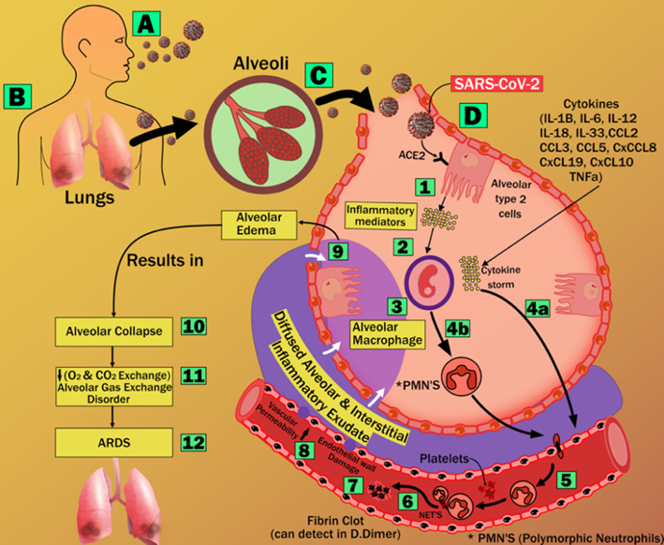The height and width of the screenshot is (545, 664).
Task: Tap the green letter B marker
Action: click(x=20, y=95)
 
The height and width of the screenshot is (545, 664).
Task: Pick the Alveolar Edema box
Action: click(x=258, y=220)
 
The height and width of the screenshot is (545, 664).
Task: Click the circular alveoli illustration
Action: click(x=254, y=127)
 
